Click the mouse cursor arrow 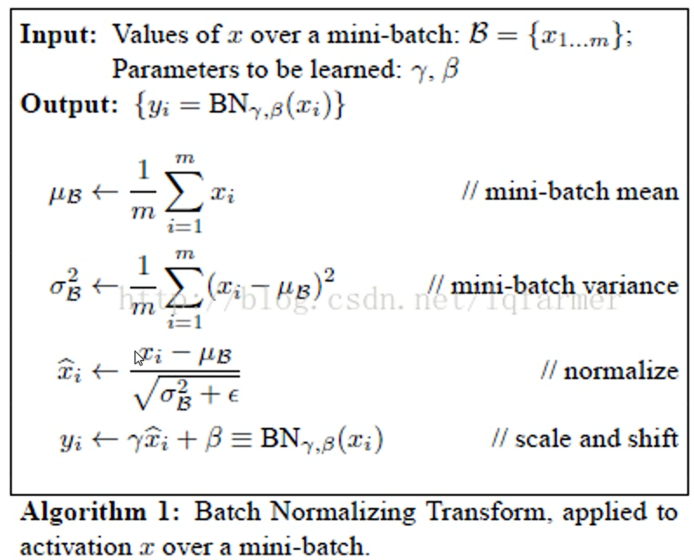[x=139, y=358]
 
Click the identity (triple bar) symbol [x=242, y=439]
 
